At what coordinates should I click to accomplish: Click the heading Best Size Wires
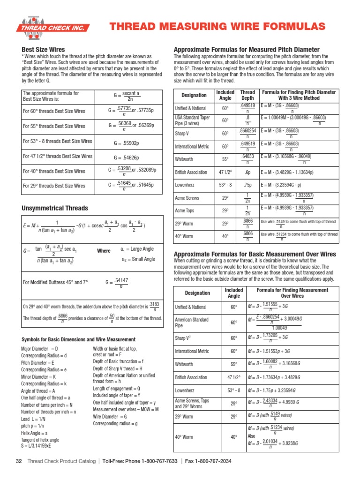[44, 50]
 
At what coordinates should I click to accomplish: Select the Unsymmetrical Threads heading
[54, 208]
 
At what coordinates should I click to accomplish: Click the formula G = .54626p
[127, 158]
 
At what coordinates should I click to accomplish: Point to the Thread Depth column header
[247, 95]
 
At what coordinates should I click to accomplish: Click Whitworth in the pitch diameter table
[184, 159]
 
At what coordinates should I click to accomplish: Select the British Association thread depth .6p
[247, 172]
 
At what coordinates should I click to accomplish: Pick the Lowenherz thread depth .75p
[247, 186]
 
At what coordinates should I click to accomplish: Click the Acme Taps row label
[186, 210]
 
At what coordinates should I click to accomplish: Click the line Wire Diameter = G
[110, 416]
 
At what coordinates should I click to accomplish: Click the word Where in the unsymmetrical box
[104, 251]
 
